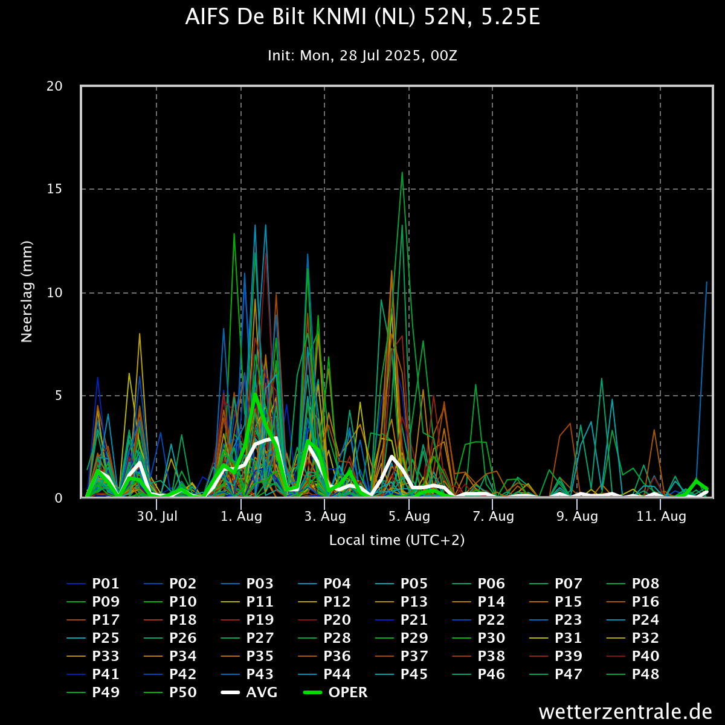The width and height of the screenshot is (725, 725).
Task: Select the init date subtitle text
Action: coord(362,56)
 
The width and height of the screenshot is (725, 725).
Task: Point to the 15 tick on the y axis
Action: coord(55,189)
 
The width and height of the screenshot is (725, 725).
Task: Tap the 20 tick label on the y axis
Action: coord(55,86)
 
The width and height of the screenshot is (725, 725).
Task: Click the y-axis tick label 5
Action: coord(59,396)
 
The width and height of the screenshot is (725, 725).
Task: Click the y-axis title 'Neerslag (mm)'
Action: coord(27,292)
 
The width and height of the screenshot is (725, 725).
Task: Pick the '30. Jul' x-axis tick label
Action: coord(157,517)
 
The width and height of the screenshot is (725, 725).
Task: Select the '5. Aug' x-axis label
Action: coord(409,517)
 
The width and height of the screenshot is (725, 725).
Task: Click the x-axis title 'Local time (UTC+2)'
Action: coord(397,540)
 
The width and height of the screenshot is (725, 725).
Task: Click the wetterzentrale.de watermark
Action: coord(625,712)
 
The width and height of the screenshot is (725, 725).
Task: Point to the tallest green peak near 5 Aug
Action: coord(402,173)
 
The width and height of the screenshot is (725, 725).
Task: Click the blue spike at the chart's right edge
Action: coord(706,283)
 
